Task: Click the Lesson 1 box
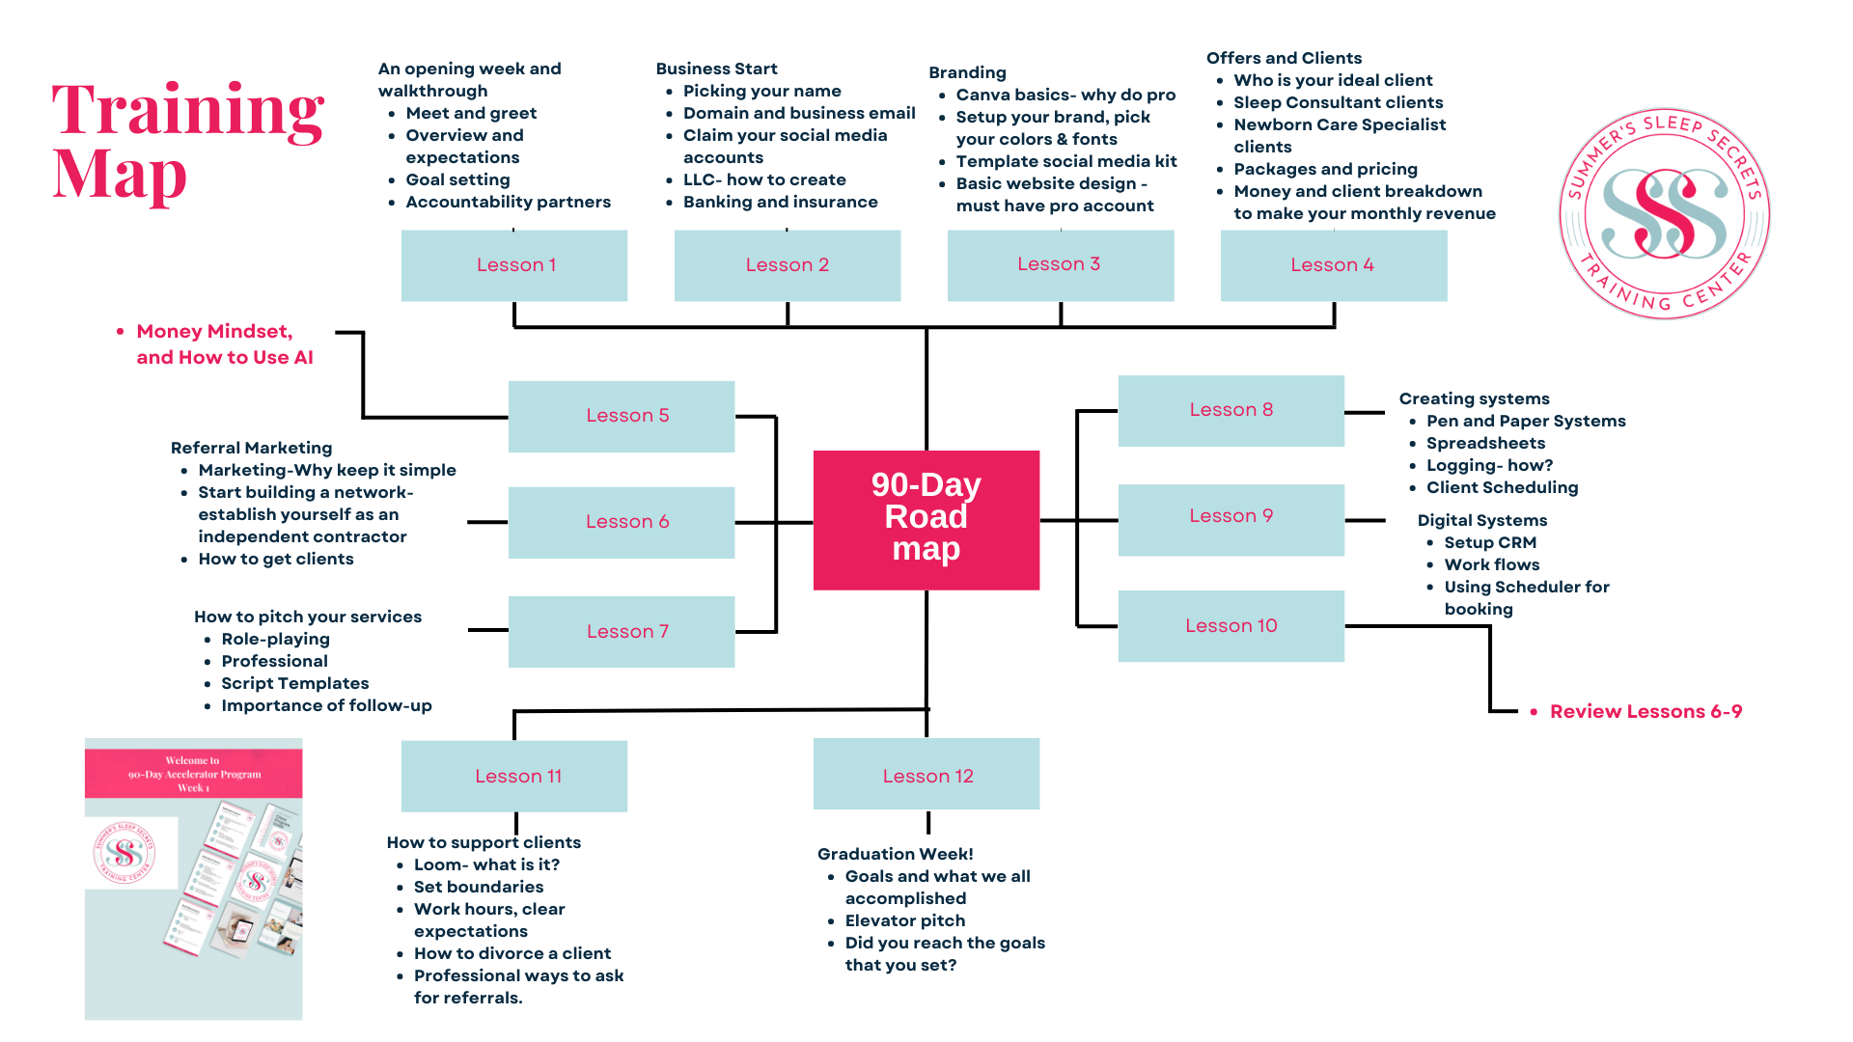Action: (514, 265)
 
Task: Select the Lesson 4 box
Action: (1333, 265)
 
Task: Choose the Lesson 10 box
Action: (1231, 625)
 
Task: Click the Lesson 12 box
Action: (926, 775)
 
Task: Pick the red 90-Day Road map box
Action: (926, 519)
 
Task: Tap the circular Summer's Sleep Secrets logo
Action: (1664, 213)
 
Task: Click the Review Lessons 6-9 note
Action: (1646, 712)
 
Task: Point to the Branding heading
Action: (967, 72)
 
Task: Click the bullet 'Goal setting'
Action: (457, 179)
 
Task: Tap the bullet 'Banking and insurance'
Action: (780, 202)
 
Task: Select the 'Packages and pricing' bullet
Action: (1325, 169)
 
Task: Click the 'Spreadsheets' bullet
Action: (1485, 443)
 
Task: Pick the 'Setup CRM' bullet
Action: (1490, 542)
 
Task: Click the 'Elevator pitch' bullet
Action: (904, 920)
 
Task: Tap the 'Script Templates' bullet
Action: (294, 683)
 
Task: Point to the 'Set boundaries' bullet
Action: (478, 887)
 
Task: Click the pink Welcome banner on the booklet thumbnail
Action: (193, 774)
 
